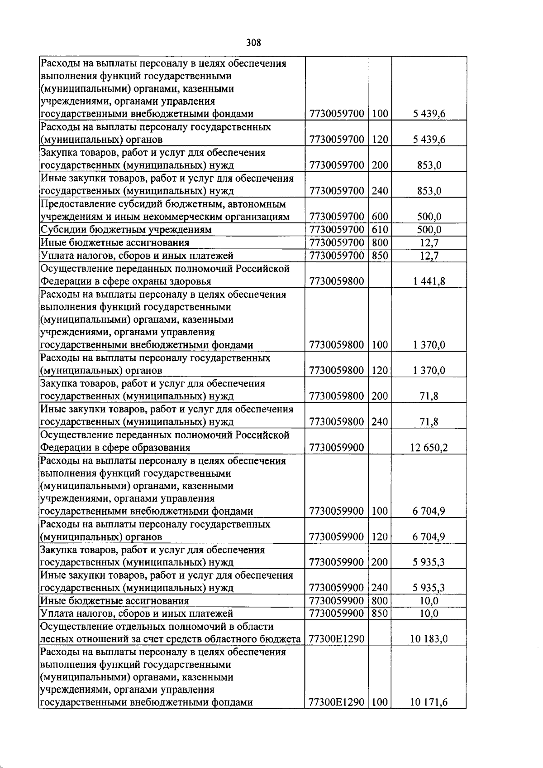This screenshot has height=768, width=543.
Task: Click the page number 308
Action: [x=254, y=43]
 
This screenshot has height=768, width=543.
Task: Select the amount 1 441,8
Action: [x=429, y=281]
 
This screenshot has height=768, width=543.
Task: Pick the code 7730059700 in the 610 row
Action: [x=337, y=230]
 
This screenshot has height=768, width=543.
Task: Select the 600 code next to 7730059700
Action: [x=380, y=217]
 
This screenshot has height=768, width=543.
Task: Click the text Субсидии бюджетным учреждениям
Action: [x=126, y=230]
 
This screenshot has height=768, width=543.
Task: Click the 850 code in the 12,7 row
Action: [x=380, y=256]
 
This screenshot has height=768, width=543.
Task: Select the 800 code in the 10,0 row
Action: [x=380, y=601]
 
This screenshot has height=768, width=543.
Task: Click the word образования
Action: [x=161, y=448]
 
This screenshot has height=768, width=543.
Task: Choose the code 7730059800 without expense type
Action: [x=337, y=281]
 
